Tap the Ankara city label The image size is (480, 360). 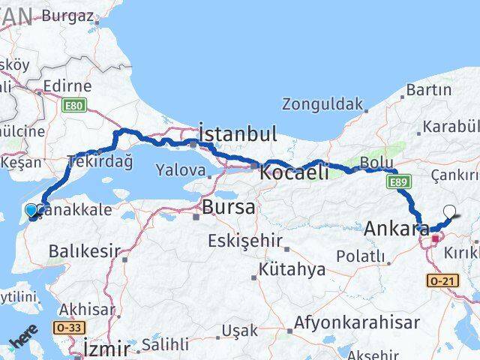pos(397,229)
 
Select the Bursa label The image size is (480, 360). pos(229,206)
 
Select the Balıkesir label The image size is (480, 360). pos(80,250)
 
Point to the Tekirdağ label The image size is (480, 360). pos(100,160)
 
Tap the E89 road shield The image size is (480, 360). pos(397,181)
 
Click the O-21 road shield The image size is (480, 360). pos(440,280)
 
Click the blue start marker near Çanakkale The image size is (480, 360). pos(31,211)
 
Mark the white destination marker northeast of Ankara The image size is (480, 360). pos(450,212)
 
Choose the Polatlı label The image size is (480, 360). pos(361,257)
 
